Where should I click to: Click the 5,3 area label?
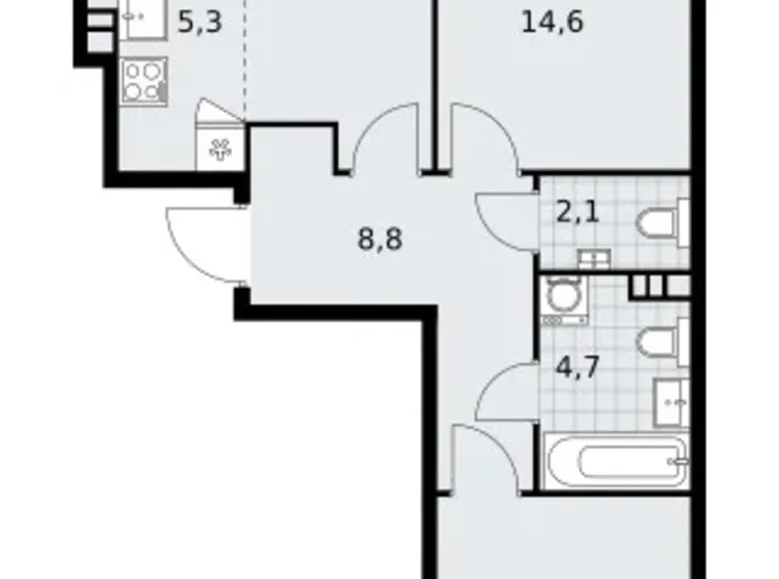[x=199, y=23]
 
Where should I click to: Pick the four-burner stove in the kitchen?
[x=144, y=81]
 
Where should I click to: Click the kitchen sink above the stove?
[x=142, y=20]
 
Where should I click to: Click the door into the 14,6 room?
[x=483, y=141]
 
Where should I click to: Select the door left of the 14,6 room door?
[x=385, y=141]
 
